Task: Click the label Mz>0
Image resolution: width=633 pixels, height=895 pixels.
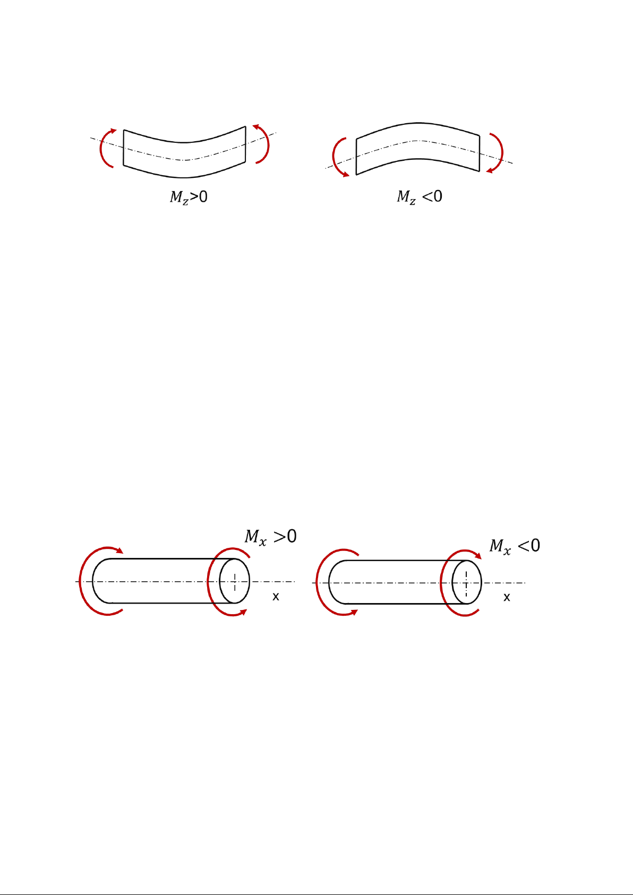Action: (189, 197)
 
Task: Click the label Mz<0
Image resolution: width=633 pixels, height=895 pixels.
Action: (419, 197)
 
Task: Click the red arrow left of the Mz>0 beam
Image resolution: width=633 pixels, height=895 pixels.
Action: (101, 148)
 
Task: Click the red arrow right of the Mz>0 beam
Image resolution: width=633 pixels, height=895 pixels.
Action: (268, 144)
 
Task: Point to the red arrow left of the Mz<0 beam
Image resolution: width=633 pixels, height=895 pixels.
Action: (333, 156)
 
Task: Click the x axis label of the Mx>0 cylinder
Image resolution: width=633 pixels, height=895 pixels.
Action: (276, 597)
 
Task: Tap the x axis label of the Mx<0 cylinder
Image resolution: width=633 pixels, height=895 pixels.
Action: (507, 597)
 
